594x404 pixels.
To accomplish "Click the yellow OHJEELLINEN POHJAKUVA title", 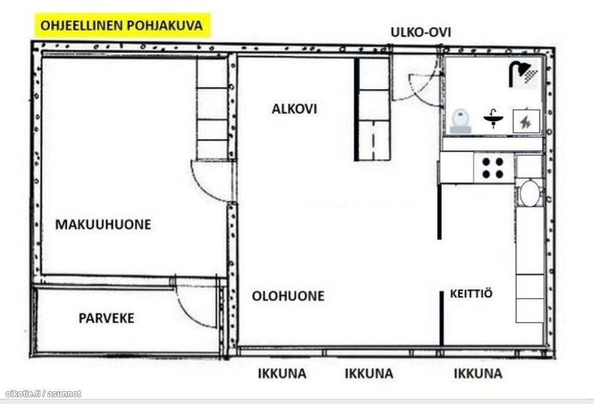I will [121, 26].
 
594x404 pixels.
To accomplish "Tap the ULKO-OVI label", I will [421, 33].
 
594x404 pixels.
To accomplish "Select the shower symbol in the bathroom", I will [523, 73].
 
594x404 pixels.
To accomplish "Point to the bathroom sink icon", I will [493, 118].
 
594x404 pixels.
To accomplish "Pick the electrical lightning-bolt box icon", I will [525, 120].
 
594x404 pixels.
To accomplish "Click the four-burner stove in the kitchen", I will [493, 168].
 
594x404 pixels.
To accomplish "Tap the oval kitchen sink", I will [529, 193].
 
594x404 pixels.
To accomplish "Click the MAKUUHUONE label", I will [103, 225].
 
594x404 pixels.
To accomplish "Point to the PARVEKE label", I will [106, 318].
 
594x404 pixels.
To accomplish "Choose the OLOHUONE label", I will [288, 296].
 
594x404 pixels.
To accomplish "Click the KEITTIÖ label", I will [471, 294].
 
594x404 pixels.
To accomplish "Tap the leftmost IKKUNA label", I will [282, 374].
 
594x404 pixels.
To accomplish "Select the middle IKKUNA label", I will [369, 374].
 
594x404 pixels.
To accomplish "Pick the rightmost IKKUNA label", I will [478, 374].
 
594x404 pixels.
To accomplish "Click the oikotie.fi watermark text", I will [41, 394].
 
